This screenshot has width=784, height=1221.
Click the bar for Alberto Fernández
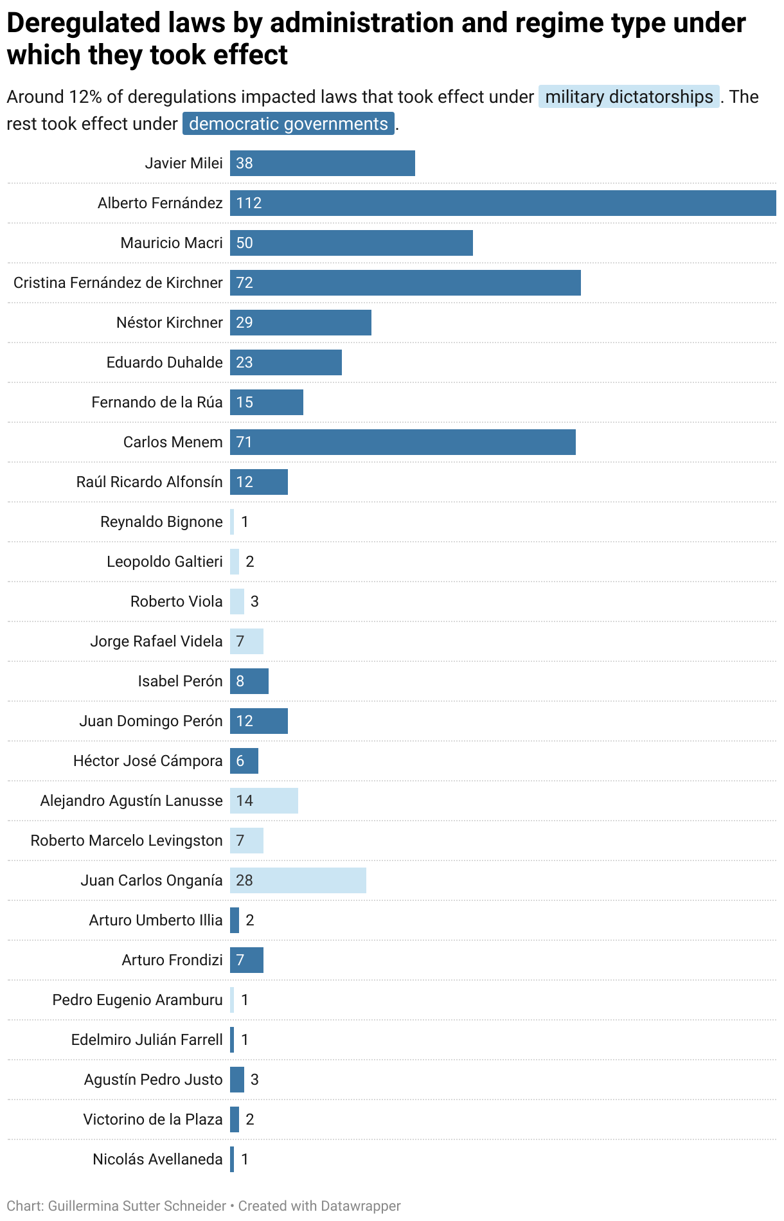503,203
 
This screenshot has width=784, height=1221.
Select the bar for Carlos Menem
402,442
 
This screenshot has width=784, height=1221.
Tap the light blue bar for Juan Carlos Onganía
298,880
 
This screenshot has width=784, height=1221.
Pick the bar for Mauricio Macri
351,243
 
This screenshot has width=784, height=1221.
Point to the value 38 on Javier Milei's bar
244,163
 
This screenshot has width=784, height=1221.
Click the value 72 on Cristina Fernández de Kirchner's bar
244,283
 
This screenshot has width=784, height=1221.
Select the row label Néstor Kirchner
169,323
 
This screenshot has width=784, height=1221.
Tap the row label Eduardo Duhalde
165,362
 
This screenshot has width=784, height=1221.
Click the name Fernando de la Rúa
157,402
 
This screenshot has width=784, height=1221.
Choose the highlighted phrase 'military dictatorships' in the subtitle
628,97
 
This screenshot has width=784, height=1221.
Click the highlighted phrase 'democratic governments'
289,123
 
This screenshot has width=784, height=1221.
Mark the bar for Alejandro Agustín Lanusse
264,801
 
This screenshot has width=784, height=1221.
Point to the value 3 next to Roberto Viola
254,602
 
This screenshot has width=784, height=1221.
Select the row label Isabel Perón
180,681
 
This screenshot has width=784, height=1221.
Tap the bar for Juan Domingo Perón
259,721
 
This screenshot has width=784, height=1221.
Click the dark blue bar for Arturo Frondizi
247,960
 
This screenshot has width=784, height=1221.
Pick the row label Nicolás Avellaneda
157,1159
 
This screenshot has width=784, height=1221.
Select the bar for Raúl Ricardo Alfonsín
259,482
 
